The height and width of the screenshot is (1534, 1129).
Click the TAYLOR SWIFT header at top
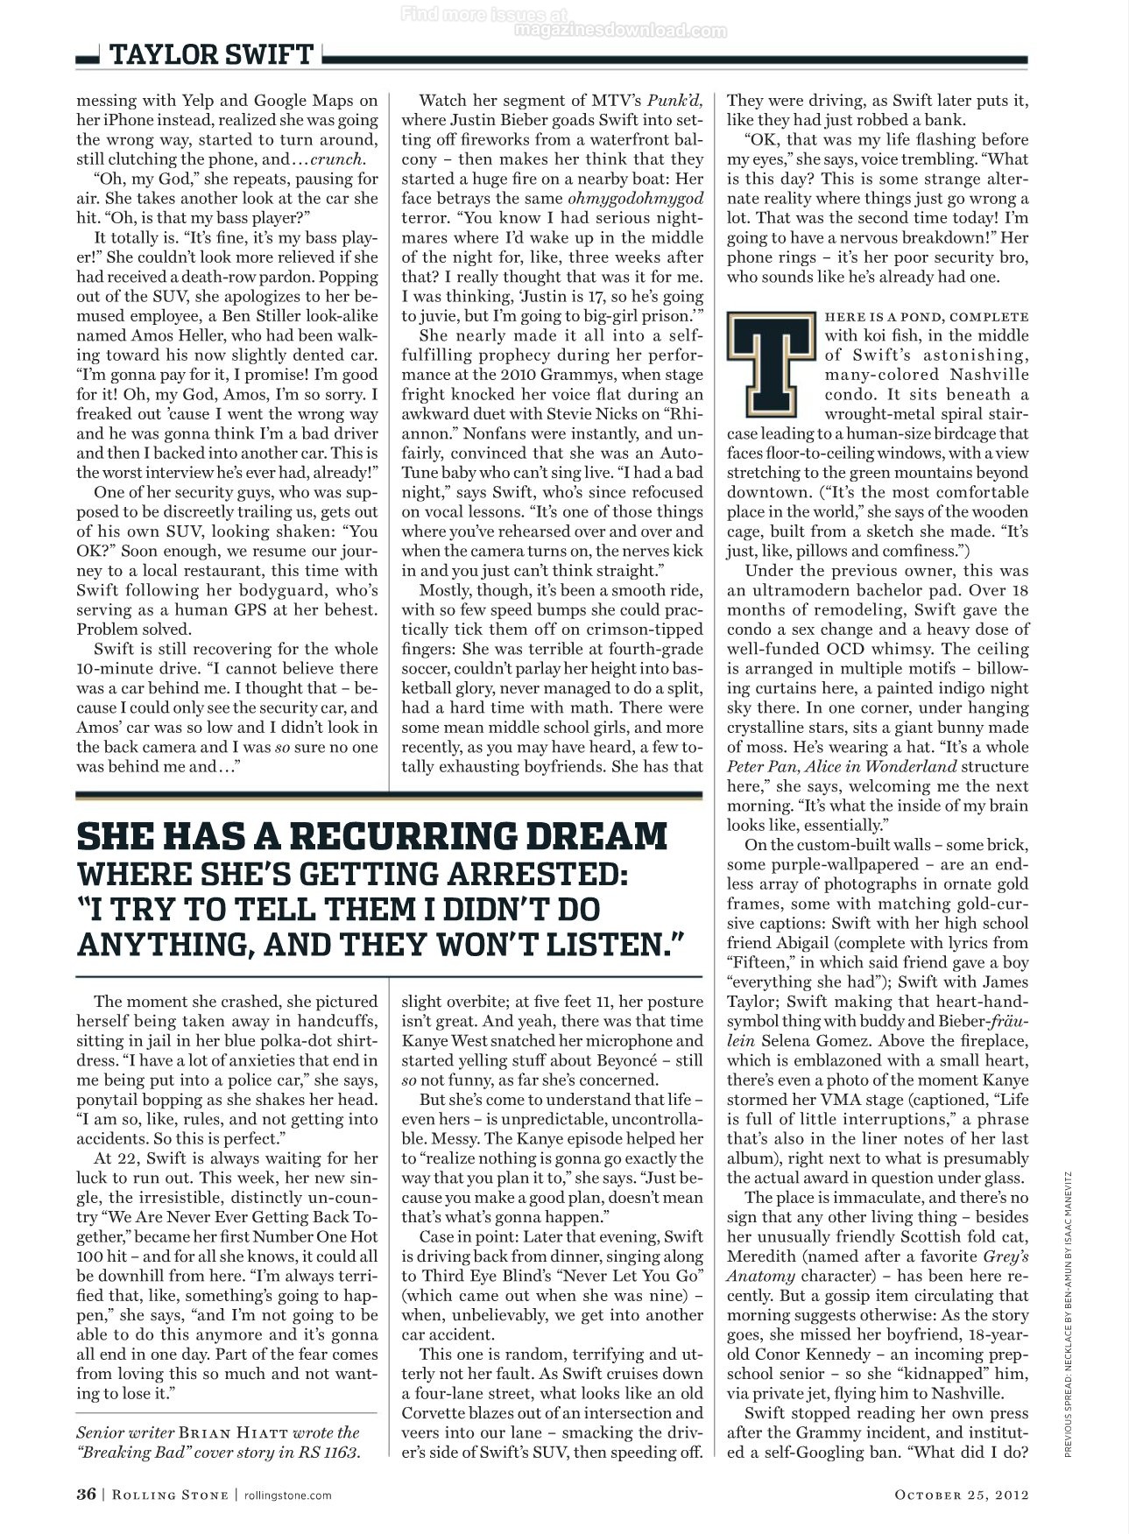click(x=210, y=55)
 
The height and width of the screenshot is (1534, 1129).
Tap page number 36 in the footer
click(x=86, y=1494)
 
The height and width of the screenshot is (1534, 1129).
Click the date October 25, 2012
click(x=960, y=1495)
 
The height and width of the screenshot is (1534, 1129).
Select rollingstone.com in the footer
click(x=287, y=1495)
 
